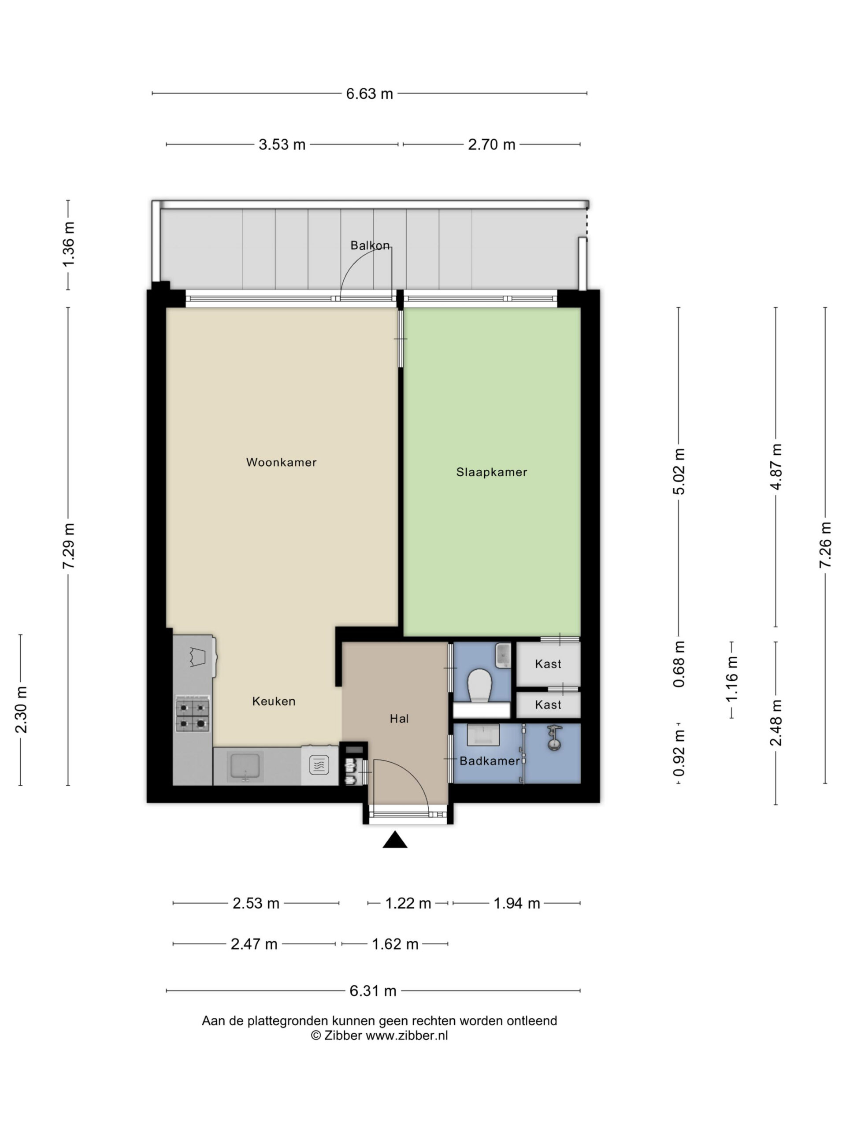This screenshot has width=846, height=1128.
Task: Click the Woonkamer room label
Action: tap(281, 462)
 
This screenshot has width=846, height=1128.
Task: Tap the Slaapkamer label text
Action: tap(492, 472)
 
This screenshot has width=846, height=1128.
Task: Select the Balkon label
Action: tap(370, 245)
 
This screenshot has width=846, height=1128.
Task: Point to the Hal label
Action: tap(399, 719)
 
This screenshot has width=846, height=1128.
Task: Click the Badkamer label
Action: tap(490, 761)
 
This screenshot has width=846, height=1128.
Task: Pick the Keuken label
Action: tap(274, 701)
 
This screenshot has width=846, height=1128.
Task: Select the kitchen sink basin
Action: tap(246, 765)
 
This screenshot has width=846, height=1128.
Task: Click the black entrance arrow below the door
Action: tap(395, 840)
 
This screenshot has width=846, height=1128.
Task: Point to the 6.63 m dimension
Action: tap(370, 94)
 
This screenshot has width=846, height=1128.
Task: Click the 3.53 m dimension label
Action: tap(282, 145)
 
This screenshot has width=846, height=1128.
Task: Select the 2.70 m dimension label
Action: tap(492, 145)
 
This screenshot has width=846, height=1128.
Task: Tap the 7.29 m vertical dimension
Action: tap(68, 545)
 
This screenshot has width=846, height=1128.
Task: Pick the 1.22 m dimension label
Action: tap(408, 904)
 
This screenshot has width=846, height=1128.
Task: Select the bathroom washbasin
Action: tap(483, 735)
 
